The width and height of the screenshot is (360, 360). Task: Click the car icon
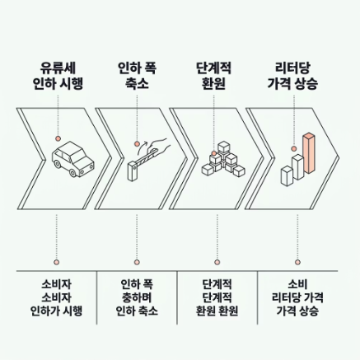(x=72, y=159)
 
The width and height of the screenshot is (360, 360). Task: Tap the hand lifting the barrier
(x=158, y=146)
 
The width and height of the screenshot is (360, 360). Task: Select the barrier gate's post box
(x=133, y=171)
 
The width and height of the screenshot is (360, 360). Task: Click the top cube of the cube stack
(x=224, y=147)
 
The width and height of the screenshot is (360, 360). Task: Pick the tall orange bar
(x=309, y=153)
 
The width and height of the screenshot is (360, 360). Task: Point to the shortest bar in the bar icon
(x=287, y=176)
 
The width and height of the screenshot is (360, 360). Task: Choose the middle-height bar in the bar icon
(x=298, y=167)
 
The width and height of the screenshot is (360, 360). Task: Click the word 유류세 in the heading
(x=58, y=68)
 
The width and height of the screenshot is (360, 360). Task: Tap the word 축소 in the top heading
(x=137, y=83)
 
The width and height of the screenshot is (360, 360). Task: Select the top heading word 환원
(x=213, y=83)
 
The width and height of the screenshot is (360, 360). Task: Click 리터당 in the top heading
(x=292, y=68)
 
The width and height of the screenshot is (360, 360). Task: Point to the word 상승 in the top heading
(x=306, y=83)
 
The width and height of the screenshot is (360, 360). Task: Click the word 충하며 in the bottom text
(x=137, y=297)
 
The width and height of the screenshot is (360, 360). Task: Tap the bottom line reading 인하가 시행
(x=56, y=311)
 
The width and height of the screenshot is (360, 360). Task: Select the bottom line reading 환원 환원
(x=217, y=311)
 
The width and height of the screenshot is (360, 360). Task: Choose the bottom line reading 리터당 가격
(x=297, y=297)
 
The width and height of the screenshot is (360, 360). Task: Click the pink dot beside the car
(x=58, y=138)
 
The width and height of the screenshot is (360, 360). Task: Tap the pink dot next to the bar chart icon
(x=294, y=149)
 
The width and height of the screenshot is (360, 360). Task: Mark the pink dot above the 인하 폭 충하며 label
(x=137, y=262)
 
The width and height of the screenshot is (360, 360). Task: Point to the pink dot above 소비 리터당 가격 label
(x=297, y=262)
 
